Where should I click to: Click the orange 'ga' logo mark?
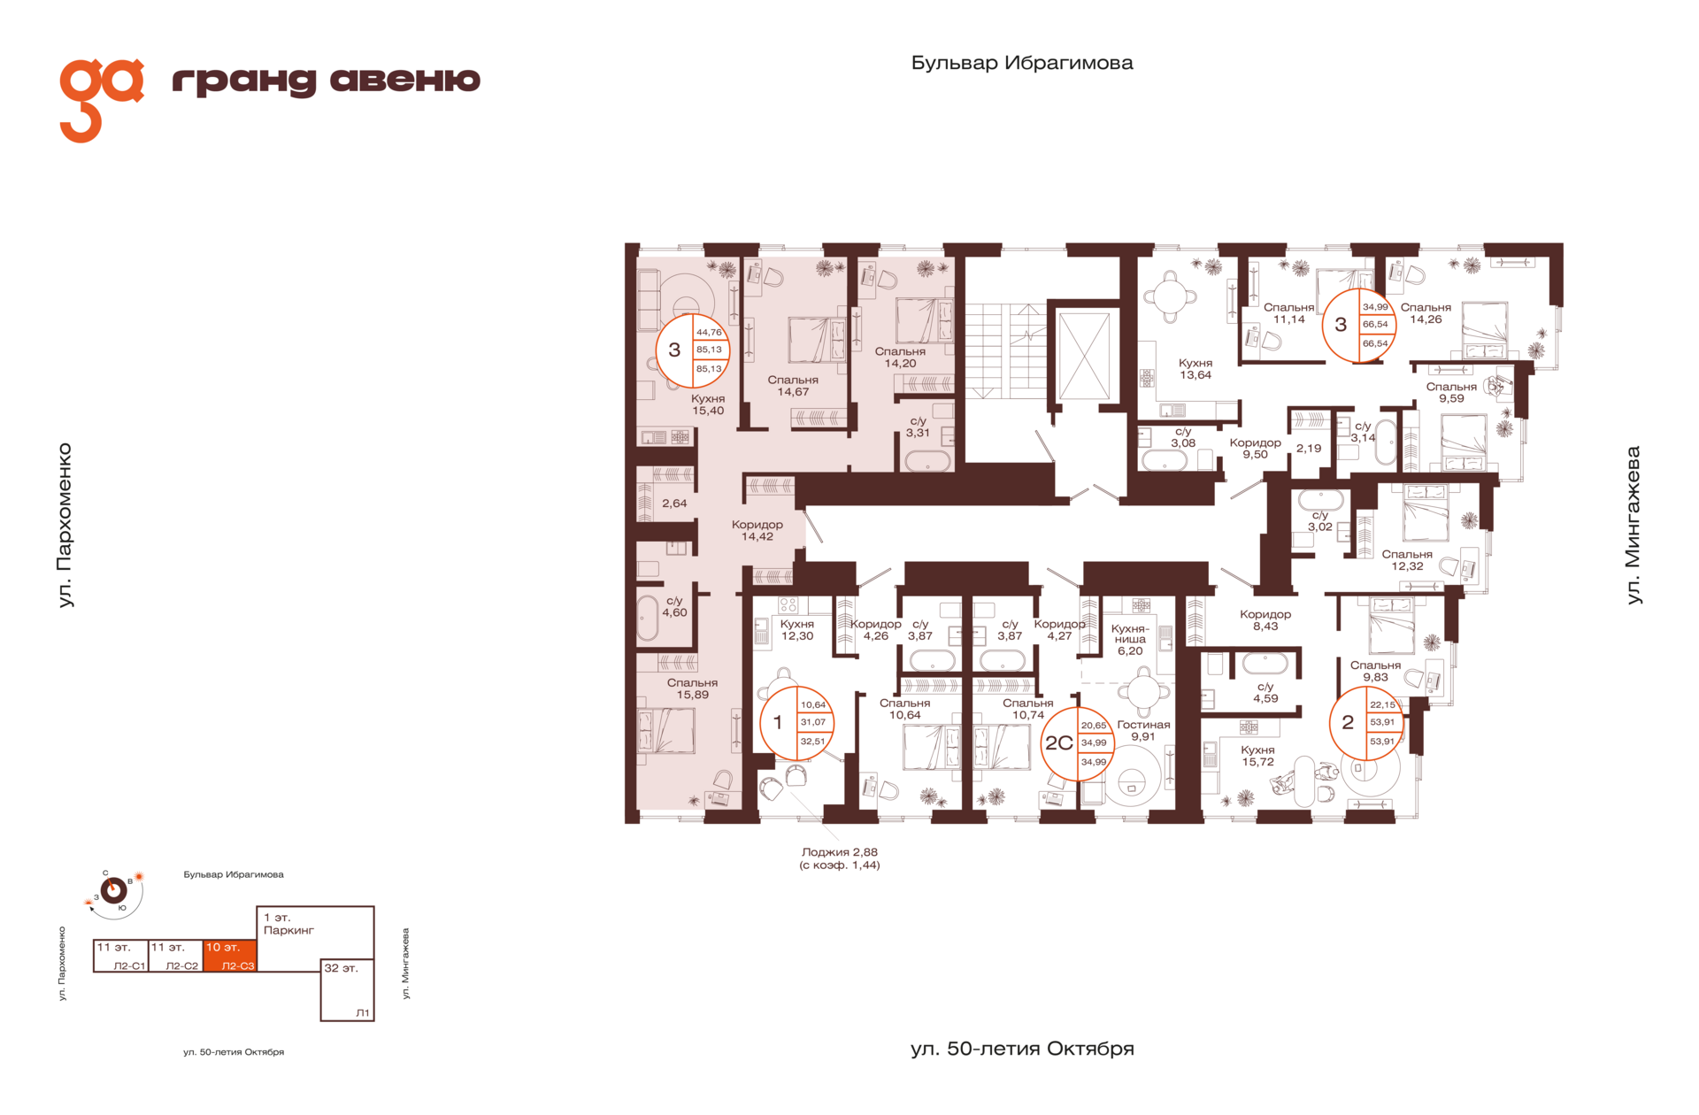click(100, 99)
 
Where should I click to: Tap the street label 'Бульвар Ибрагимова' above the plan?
click(1022, 63)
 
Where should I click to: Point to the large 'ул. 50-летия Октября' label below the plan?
click(1022, 1049)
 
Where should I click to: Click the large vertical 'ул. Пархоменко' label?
click(65, 526)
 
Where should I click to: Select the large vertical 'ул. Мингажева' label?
click(1634, 525)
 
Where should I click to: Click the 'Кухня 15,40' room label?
click(708, 404)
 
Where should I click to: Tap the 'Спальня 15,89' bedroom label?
click(692, 688)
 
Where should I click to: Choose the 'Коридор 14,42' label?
click(757, 530)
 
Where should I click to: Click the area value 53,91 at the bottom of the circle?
click(1381, 742)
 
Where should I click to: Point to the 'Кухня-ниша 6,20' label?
click(1130, 639)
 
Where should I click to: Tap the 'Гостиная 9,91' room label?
click(1143, 730)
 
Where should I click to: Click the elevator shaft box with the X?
click(1083, 355)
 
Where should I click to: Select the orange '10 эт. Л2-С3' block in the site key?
click(229, 957)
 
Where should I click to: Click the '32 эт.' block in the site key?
click(347, 989)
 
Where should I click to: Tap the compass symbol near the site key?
click(113, 890)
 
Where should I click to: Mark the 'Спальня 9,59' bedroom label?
click(1451, 392)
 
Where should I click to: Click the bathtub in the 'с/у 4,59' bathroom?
click(1265, 663)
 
